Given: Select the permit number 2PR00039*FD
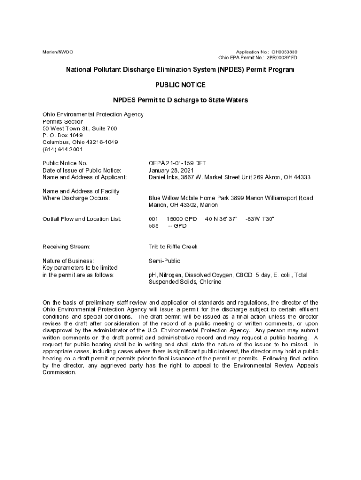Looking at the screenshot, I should (282, 58).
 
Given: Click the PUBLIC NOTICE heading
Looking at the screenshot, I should (180, 85).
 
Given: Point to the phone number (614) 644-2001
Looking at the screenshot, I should (62, 150).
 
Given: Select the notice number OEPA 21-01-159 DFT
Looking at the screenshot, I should (177, 163).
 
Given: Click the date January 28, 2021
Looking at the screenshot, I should (171, 170).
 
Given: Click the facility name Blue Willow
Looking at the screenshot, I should (165, 198).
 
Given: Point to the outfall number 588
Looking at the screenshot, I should (154, 226).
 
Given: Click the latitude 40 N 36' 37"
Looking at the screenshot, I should (221, 219).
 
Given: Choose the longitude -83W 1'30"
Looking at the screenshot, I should (259, 219).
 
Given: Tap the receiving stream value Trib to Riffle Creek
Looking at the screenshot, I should (173, 247).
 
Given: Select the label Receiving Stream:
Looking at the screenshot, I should (66, 247).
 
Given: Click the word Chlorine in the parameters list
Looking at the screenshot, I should (210, 282).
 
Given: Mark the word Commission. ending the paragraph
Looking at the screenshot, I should (59, 372).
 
